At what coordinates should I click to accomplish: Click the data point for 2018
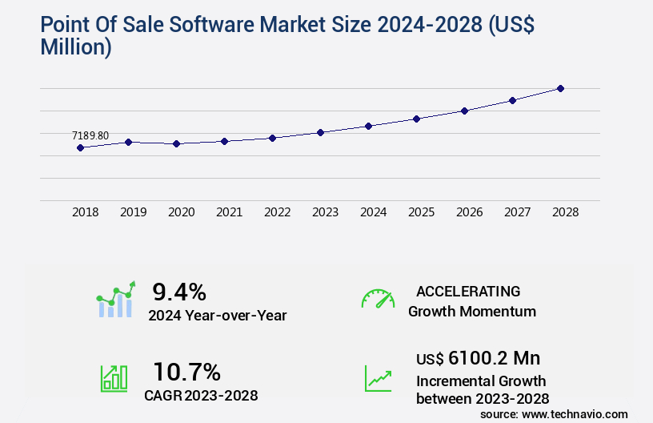(x=80, y=147)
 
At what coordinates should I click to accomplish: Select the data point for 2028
(x=560, y=88)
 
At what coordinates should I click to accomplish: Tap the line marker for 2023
(x=320, y=132)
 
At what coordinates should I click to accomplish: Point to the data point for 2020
(x=176, y=143)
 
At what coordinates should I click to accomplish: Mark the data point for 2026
(x=464, y=111)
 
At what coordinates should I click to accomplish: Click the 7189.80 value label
(x=90, y=135)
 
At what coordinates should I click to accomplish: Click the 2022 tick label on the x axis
(x=277, y=212)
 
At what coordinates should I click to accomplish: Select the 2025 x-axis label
(x=421, y=212)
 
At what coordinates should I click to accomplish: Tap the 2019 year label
(x=133, y=212)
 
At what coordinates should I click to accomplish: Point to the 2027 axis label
(x=517, y=212)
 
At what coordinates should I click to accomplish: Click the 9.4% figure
(x=179, y=291)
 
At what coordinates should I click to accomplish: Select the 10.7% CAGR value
(x=186, y=372)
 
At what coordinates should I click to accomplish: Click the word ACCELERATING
(x=468, y=291)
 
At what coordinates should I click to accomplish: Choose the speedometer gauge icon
(x=378, y=299)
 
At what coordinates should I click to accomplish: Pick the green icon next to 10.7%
(x=114, y=377)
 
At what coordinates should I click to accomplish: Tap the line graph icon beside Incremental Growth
(x=378, y=378)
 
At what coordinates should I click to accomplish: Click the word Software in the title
(x=187, y=26)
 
